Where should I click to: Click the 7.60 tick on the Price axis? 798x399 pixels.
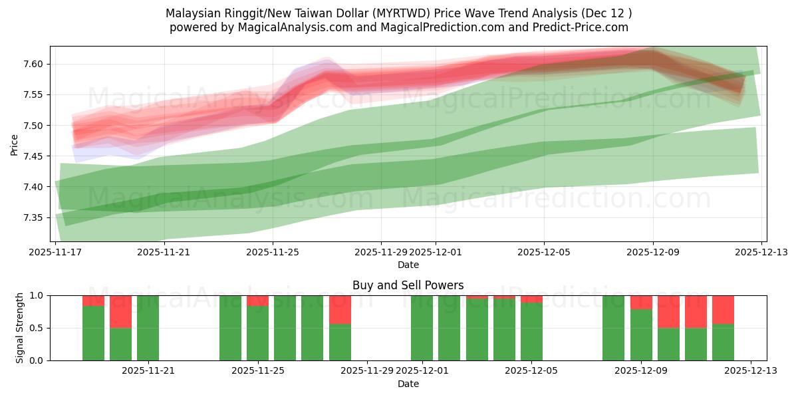tap(33, 65)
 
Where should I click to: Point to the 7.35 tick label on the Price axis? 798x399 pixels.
tap(33, 218)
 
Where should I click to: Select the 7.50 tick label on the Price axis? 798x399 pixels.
tap(33, 126)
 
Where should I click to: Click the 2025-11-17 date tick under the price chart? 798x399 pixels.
tap(56, 252)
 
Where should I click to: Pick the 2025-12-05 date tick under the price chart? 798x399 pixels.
tap(544, 252)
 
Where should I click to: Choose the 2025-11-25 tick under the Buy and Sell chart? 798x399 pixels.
tap(257, 370)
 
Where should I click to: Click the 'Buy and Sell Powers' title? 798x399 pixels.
tap(408, 285)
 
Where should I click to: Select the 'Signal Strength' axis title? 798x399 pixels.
tap(20, 328)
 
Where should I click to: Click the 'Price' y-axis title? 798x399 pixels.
tap(15, 144)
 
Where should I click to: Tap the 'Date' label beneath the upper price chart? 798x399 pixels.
tap(408, 265)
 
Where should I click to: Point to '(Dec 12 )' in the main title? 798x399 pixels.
tap(606, 13)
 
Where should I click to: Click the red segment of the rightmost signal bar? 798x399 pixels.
tap(723, 309)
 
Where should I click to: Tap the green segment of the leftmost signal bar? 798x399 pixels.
tap(93, 332)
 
